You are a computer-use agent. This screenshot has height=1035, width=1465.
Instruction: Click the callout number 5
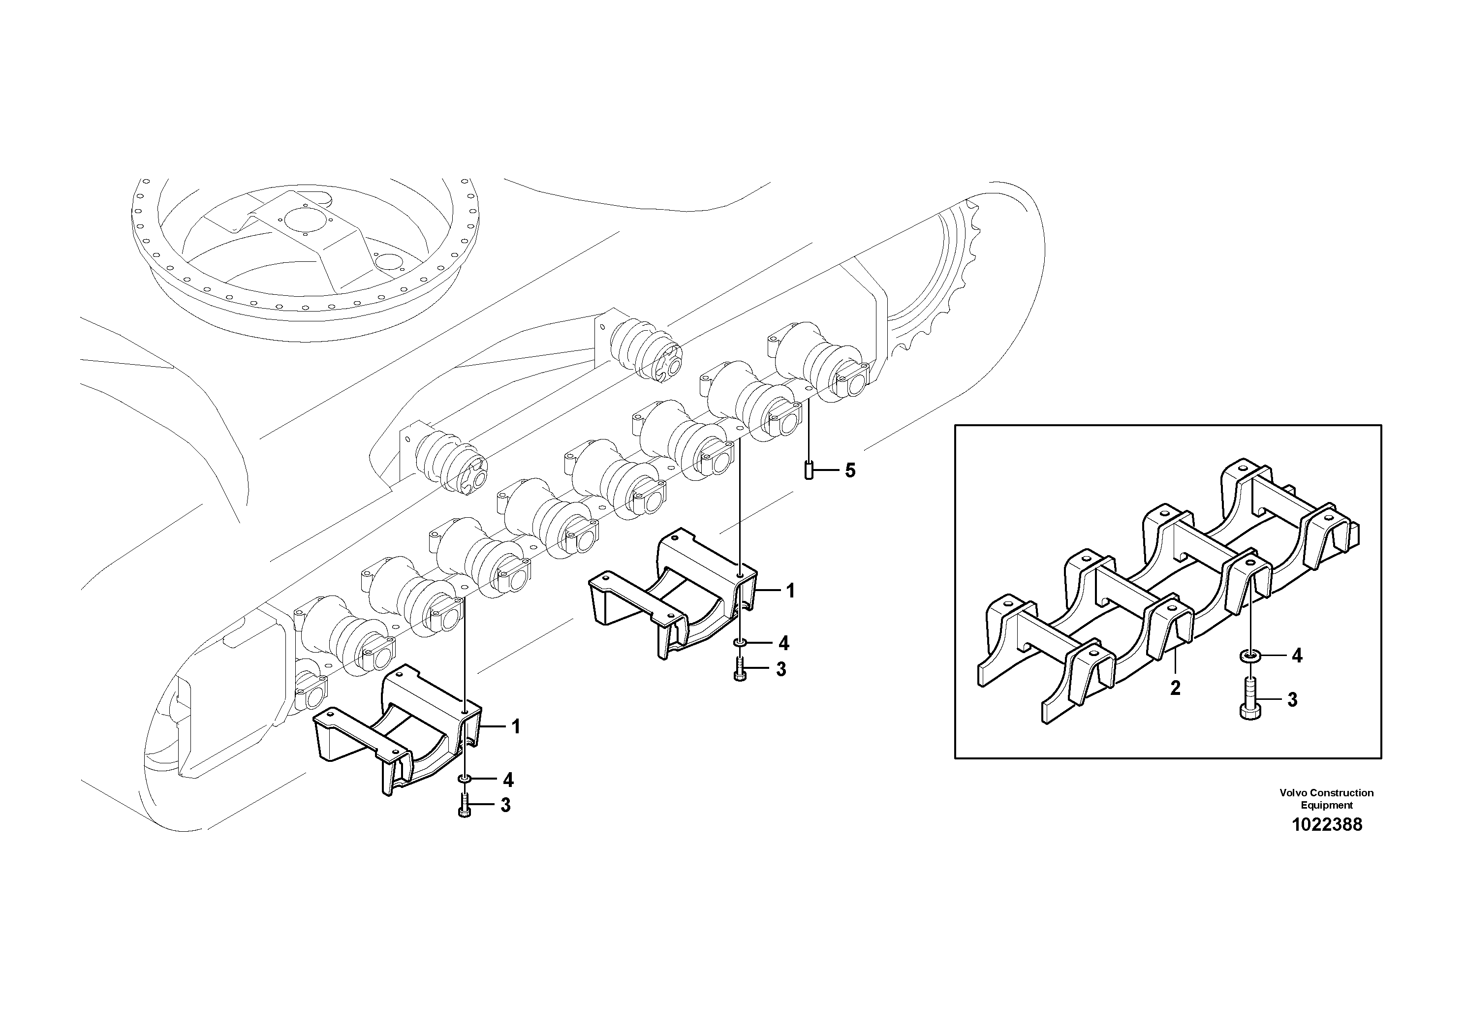pos(850,471)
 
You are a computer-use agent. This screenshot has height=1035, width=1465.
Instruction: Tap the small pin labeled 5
pos(809,471)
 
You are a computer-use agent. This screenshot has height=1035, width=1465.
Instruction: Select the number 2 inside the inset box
pos(1175,688)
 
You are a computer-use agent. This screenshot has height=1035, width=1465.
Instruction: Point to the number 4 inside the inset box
pos(1297,656)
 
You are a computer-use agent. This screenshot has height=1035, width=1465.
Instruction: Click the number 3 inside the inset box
pos(1292,700)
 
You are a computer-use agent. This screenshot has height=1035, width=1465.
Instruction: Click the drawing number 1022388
pos(1327,825)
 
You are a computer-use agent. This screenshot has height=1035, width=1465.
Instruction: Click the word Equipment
pos(1327,805)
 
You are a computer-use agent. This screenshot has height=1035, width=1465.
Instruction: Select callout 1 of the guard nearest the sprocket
pos(790,591)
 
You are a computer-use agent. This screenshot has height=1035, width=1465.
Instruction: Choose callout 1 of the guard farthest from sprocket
pos(516,727)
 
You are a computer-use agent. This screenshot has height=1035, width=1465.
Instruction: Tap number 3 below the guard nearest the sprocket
pos(781,669)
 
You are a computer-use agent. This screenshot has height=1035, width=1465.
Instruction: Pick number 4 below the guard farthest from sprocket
pos(508,780)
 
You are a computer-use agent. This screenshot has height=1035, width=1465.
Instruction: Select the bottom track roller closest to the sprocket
pos(823,364)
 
